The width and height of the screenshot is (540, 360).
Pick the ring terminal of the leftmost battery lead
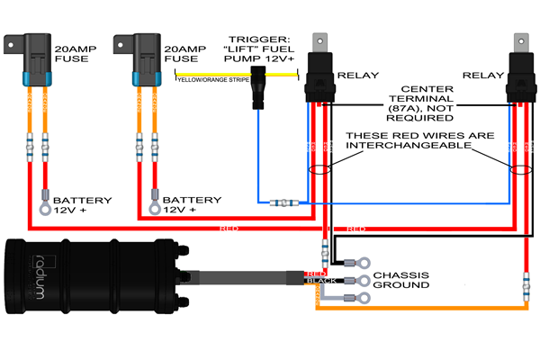tap(42, 211)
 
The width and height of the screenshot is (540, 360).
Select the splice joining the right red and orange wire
tap(525, 290)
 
